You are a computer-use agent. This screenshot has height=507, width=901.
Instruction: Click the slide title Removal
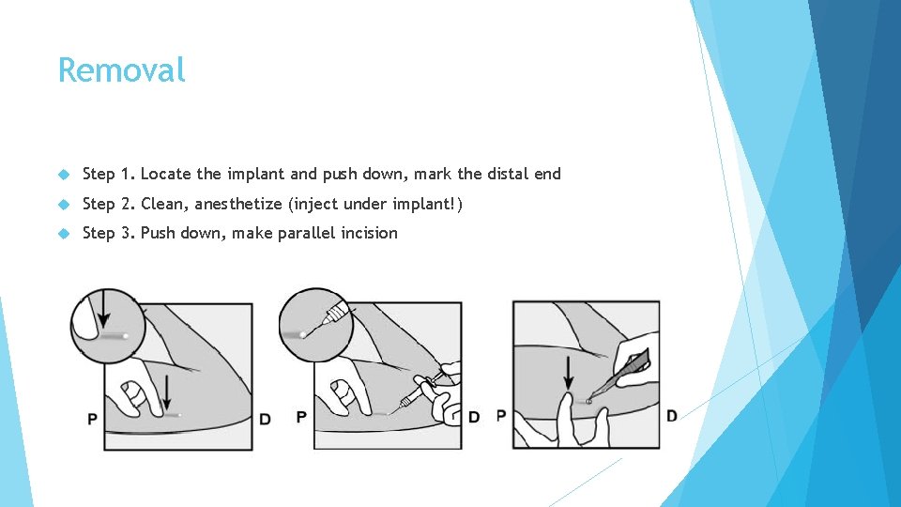click(x=121, y=69)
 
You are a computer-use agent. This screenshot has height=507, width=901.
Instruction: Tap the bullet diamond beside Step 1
click(x=64, y=175)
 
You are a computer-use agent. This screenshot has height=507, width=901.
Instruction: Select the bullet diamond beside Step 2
click(x=64, y=204)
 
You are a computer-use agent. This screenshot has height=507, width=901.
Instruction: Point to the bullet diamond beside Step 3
click(x=64, y=234)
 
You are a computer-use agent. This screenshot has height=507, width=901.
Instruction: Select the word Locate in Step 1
click(x=165, y=174)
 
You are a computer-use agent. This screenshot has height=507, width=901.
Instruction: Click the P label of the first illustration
click(x=92, y=420)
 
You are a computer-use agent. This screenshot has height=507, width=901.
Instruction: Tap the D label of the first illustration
click(x=265, y=420)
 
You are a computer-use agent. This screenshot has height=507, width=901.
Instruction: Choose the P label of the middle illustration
click(x=301, y=417)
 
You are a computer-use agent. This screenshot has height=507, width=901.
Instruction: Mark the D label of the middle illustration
click(x=474, y=417)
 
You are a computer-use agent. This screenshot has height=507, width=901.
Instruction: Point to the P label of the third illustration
click(x=501, y=415)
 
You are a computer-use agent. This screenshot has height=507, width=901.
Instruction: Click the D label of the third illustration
click(x=672, y=415)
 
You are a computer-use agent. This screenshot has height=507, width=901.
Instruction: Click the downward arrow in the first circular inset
click(x=103, y=309)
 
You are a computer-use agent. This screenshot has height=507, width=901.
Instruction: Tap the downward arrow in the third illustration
click(x=569, y=373)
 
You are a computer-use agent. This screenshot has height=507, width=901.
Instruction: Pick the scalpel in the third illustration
click(x=620, y=374)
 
